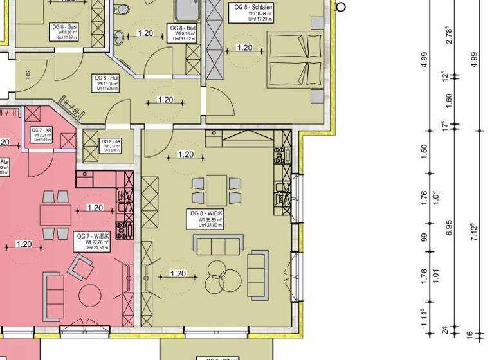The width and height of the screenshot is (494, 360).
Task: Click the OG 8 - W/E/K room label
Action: (206, 219)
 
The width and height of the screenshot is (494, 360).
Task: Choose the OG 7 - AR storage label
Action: (43, 134)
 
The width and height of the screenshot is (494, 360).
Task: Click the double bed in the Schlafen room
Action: (295, 61)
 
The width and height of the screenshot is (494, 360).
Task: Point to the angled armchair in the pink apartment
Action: (82, 265)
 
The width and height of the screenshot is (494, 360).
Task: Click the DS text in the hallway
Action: (27, 74)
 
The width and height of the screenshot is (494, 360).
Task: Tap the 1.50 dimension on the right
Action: (424, 150)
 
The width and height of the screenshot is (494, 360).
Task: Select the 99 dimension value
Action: (424, 237)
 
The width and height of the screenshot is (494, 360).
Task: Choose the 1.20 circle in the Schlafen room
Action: (244, 48)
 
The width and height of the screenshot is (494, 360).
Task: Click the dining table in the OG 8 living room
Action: (217, 190)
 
